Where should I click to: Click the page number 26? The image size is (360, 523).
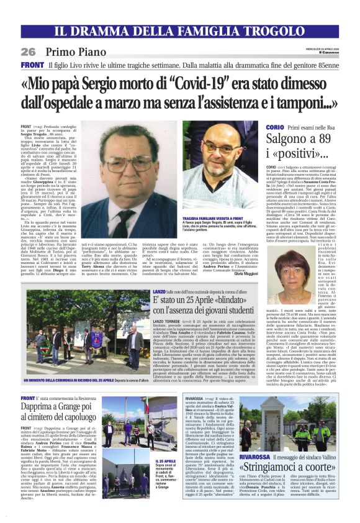[29, 52]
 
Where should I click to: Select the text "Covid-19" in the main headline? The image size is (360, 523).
[218, 82]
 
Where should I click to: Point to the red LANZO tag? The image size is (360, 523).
[160, 291]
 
